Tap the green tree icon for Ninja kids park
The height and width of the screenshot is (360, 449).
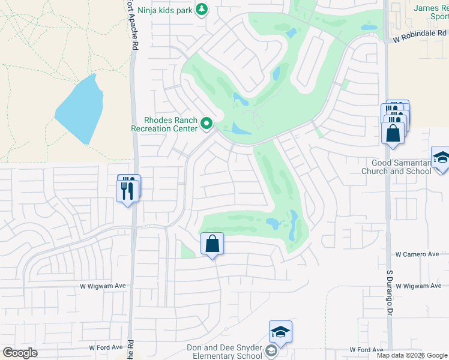pyautogui.click(x=202, y=9)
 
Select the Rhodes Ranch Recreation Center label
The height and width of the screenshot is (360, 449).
pyautogui.click(x=164, y=124)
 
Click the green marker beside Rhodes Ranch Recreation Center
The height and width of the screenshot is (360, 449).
pyautogui.click(x=207, y=124)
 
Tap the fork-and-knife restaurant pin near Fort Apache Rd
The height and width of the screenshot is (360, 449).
pyautogui.click(x=127, y=190)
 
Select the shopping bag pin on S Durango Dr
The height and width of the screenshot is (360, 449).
pyautogui.click(x=393, y=131)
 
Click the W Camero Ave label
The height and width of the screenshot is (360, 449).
pyautogui.click(x=417, y=254)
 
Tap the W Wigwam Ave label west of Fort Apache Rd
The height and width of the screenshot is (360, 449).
pyautogui.click(x=103, y=286)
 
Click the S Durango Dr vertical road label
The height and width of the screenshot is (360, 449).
pyautogui.click(x=389, y=293)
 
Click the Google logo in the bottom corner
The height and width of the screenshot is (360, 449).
pyautogui.click(x=20, y=353)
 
